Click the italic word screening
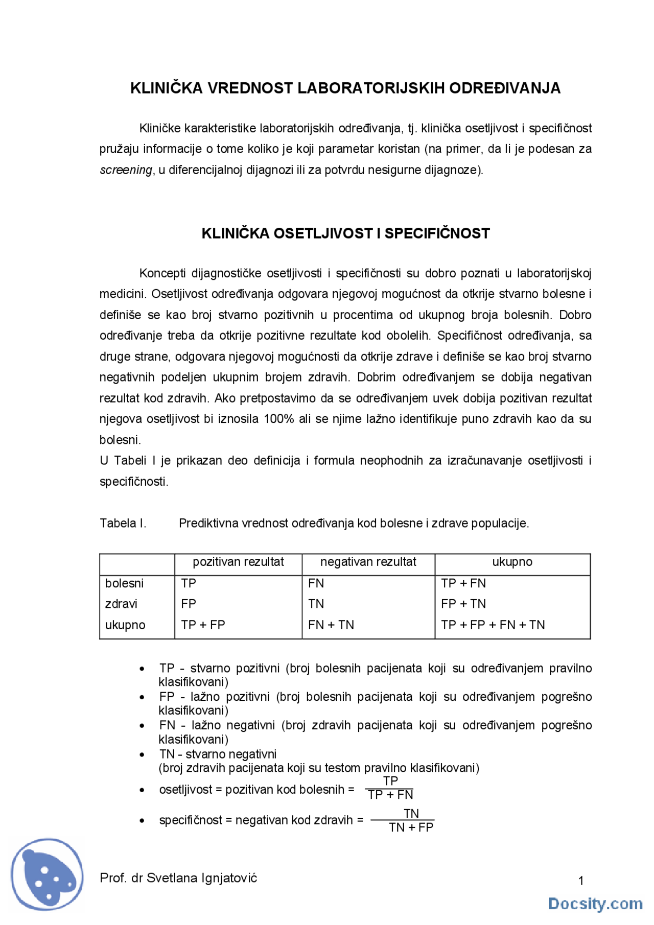126,170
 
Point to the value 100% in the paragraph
279,419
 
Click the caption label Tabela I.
123,523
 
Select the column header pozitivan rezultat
238,562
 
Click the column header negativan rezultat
368,562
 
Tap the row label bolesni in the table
124,583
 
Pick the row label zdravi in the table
121,604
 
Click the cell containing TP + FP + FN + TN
493,625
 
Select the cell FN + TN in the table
331,625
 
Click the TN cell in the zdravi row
316,604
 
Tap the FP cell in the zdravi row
188,604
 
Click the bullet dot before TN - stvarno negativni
142,754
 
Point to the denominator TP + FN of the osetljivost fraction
390,795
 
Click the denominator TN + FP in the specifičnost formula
411,827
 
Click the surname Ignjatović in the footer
229,877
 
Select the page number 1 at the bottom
580,881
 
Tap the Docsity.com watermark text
595,903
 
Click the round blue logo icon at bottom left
48,873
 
